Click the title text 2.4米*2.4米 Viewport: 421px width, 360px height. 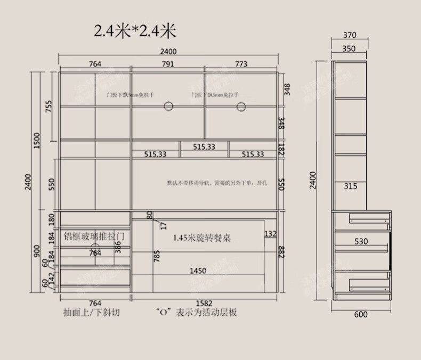point(135,31)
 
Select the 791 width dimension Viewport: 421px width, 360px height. point(167,64)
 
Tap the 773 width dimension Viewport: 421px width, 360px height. point(241,64)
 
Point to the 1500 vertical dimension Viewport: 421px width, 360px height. point(37,141)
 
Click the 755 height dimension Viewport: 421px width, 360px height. point(48,107)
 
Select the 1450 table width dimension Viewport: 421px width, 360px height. point(198,271)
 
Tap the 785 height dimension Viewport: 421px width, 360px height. point(157,257)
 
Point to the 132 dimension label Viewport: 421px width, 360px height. point(270,234)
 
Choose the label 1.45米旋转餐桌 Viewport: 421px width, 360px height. point(202,238)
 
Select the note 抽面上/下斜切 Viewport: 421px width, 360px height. point(91,313)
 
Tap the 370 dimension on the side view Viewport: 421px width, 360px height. point(349,36)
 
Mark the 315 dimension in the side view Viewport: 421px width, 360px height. point(350,186)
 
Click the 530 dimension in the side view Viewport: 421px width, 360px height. point(361,241)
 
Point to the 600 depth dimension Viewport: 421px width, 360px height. point(361,314)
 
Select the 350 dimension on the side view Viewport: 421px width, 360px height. point(349,48)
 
